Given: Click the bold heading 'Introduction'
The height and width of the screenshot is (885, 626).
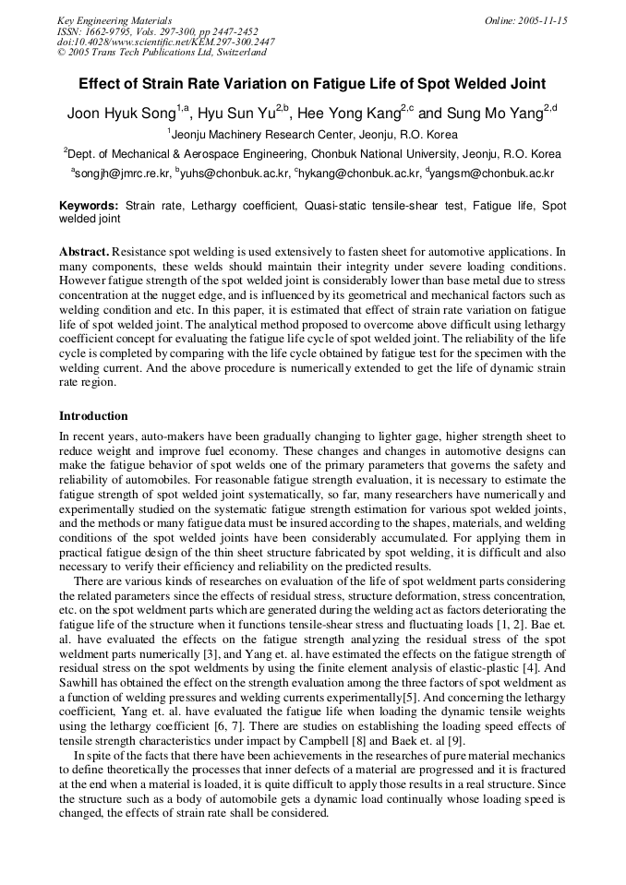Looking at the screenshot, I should [x=93, y=416].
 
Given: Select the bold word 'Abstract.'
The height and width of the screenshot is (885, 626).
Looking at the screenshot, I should [x=84, y=252].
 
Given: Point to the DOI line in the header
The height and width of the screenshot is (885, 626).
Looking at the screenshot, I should [x=166, y=42].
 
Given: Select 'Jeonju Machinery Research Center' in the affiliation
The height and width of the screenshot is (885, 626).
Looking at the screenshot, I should [x=264, y=135].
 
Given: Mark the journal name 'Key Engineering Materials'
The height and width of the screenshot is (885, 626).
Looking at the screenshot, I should [x=114, y=20].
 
